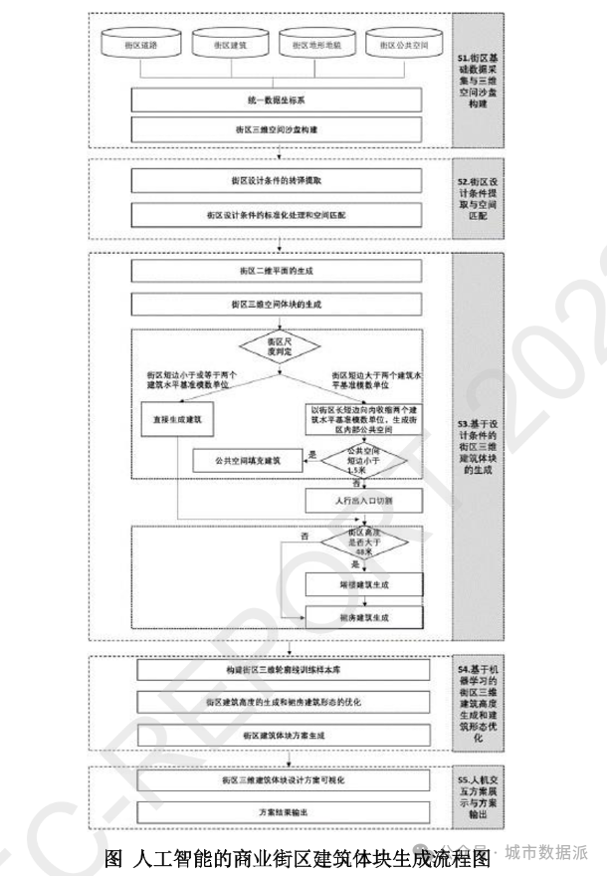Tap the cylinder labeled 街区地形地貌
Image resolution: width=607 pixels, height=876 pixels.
[x=317, y=46]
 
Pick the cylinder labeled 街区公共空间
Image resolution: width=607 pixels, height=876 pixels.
[x=402, y=46]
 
